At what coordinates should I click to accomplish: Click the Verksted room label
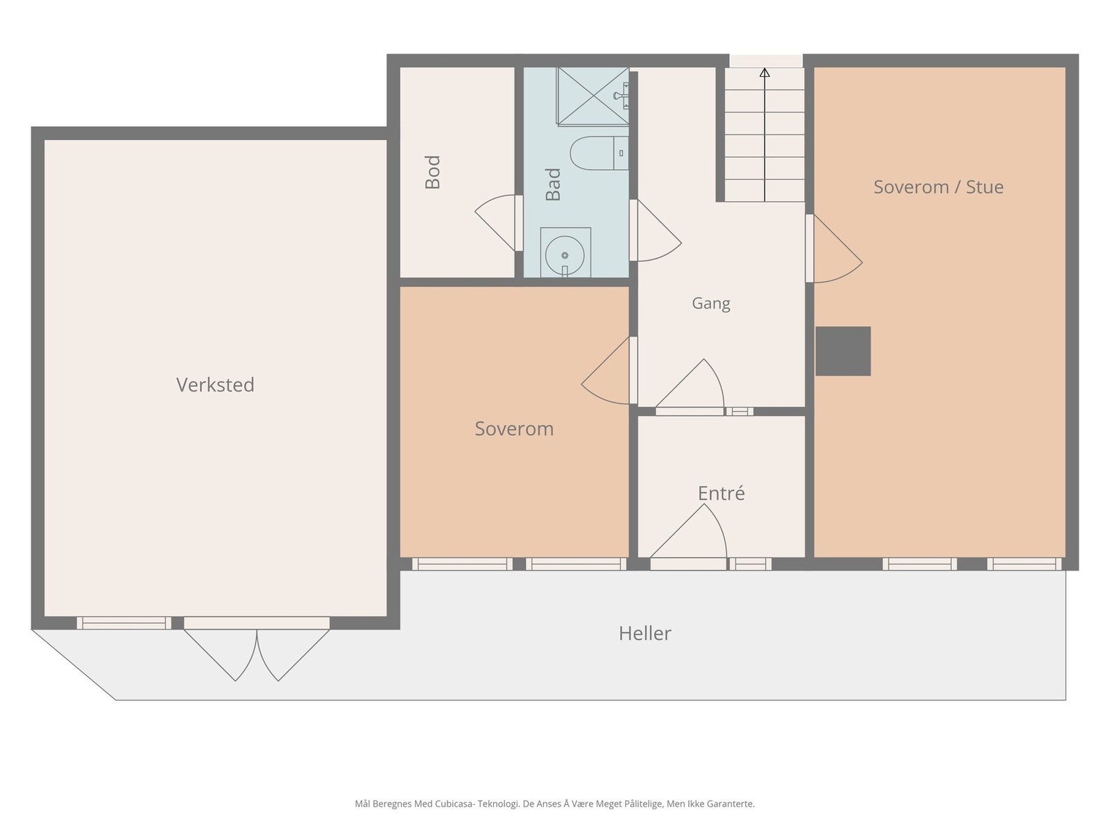pyautogui.click(x=215, y=385)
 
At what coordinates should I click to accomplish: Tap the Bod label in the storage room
pyautogui.click(x=432, y=172)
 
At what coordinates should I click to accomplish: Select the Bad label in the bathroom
pyautogui.click(x=553, y=184)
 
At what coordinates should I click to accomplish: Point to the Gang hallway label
pyautogui.click(x=710, y=304)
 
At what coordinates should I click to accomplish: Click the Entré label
pyautogui.click(x=721, y=493)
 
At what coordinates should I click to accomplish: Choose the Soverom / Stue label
pyautogui.click(x=938, y=187)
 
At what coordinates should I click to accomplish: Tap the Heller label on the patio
pyautogui.click(x=644, y=633)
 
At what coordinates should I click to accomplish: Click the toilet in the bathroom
pyautogui.click(x=599, y=153)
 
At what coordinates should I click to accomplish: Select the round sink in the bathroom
pyautogui.click(x=565, y=254)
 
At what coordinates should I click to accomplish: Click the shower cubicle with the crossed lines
pyautogui.click(x=592, y=96)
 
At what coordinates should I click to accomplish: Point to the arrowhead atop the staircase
pyautogui.click(x=765, y=73)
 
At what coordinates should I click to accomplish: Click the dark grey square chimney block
pyautogui.click(x=843, y=351)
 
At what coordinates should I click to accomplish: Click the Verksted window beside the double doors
pyautogui.click(x=124, y=623)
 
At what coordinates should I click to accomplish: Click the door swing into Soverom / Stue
pyautogui.click(x=834, y=248)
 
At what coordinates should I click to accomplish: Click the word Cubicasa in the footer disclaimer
pyautogui.click(x=456, y=804)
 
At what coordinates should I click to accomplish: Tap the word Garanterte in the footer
pyautogui.click(x=731, y=804)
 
